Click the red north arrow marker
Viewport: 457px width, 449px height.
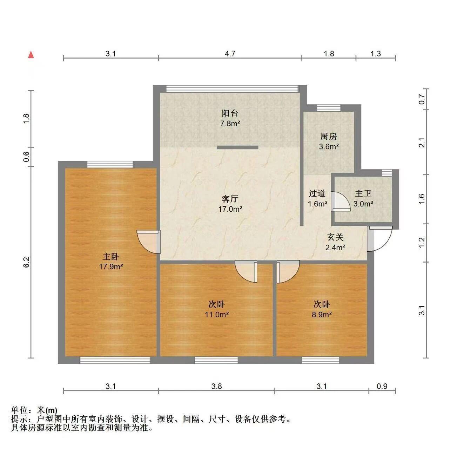[x=31, y=55]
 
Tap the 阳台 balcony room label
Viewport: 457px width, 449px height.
[x=230, y=113]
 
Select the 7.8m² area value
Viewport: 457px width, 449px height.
[x=230, y=124]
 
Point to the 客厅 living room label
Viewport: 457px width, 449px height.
[x=230, y=199]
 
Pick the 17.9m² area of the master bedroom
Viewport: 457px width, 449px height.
[x=111, y=267]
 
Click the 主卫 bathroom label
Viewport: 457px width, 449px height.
[x=363, y=193]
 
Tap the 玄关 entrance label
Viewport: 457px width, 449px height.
[x=335, y=237]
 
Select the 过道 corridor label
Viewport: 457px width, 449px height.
[x=317, y=193]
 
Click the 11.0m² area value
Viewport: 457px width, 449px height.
[x=217, y=315]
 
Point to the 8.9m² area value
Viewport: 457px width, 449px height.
[x=322, y=315]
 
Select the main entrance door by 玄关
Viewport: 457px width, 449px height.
[x=380, y=238]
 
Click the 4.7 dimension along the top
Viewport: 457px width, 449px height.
[x=230, y=54]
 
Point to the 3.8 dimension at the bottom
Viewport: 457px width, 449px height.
[x=216, y=386]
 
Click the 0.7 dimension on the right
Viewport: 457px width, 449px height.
[x=422, y=99]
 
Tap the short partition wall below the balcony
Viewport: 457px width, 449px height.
[x=238, y=147]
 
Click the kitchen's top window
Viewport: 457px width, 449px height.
[x=329, y=108]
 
